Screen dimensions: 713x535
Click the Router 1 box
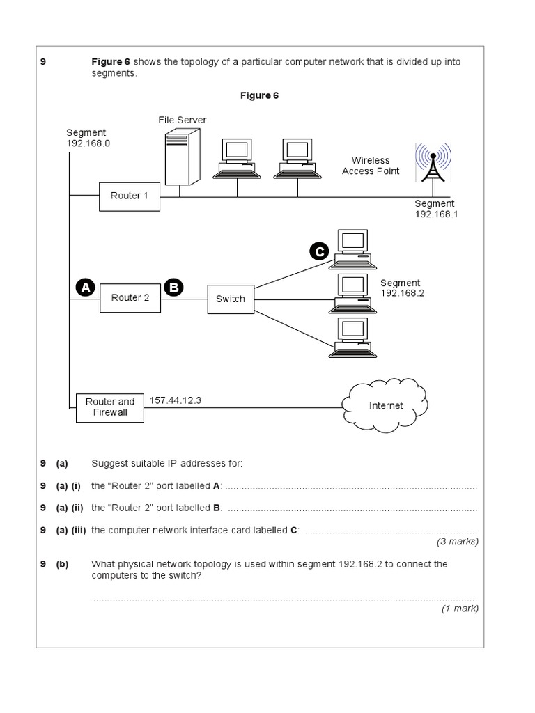pyautogui.click(x=130, y=196)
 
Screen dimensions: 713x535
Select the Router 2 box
pyautogui.click(x=130, y=298)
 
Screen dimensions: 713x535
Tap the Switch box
pyautogui.click(x=231, y=299)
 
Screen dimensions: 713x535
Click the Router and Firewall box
pyautogui.click(x=110, y=407)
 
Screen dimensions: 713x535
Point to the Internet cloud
pyautogui.click(x=385, y=405)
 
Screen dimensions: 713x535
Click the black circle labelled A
pyautogui.click(x=85, y=287)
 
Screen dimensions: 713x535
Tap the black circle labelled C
pyautogui.click(x=319, y=253)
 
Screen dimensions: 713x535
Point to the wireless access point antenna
pyautogui.click(x=432, y=163)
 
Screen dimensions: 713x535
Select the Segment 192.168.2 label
pyautogui.click(x=401, y=288)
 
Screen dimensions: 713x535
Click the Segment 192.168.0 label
pyautogui.click(x=87, y=138)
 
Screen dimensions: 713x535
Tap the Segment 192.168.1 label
pyautogui.click(x=435, y=209)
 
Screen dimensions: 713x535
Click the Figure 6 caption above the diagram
pyautogui.click(x=259, y=95)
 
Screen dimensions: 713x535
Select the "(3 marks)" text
pyautogui.click(x=457, y=541)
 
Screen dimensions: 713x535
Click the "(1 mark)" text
pyautogui.click(x=459, y=608)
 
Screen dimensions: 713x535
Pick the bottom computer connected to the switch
pyautogui.click(x=352, y=337)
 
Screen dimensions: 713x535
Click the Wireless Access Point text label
pyautogui.click(x=371, y=166)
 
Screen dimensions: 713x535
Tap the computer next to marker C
pyautogui.click(x=352, y=248)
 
